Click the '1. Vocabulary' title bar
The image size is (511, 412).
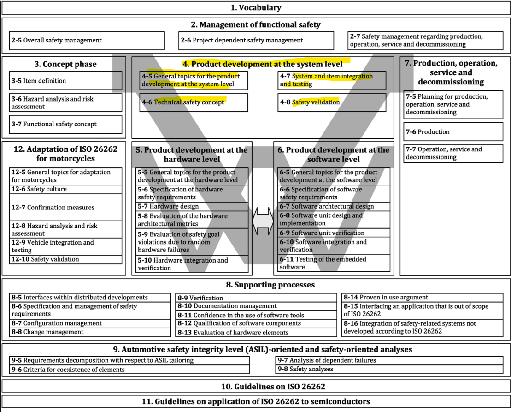(255, 8)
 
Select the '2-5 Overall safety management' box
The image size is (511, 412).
(87, 41)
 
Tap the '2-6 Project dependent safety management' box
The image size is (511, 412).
(256, 41)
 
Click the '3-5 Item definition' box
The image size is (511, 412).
(66, 81)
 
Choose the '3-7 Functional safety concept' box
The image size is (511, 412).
(66, 124)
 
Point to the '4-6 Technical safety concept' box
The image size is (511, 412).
(194, 102)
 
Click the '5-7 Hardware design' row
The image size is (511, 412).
(192, 206)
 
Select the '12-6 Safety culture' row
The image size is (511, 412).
(66, 189)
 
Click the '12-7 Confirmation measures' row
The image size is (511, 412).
(66, 208)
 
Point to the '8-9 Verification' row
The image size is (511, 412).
(256, 298)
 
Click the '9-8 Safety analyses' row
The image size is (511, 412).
(390, 369)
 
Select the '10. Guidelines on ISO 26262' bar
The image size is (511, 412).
(255, 386)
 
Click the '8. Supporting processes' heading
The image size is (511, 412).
(255, 285)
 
